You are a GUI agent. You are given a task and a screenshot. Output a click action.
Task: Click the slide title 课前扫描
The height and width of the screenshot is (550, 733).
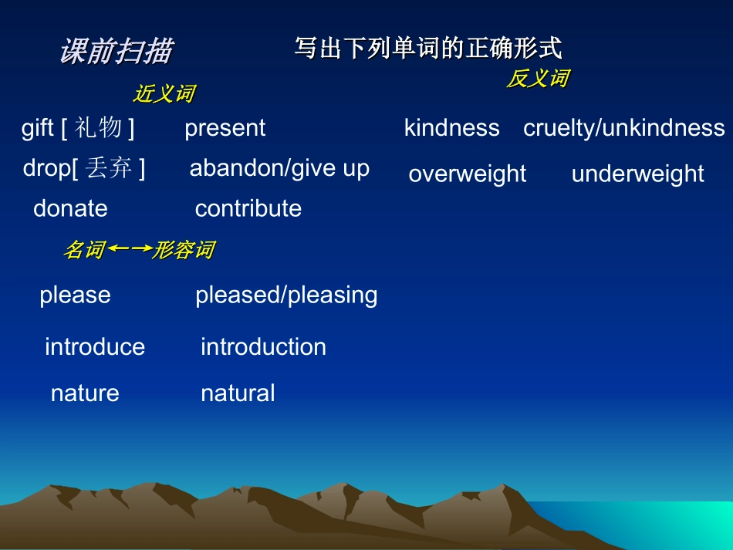pos(116,52)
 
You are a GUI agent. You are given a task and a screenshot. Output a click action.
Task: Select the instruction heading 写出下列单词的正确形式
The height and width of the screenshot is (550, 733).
pos(427,49)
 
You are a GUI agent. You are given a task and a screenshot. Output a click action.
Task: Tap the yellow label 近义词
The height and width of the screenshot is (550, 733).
pos(164,94)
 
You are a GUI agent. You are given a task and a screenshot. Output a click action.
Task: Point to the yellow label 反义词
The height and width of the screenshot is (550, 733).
pos(538,78)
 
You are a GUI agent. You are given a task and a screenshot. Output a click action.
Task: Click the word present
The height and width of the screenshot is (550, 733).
pos(225,128)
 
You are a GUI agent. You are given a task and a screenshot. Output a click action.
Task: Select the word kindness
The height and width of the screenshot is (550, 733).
pos(451,128)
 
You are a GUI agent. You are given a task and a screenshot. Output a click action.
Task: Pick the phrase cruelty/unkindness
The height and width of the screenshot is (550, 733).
pos(623,128)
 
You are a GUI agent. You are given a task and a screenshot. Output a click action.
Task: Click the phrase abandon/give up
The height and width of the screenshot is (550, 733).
pos(279,168)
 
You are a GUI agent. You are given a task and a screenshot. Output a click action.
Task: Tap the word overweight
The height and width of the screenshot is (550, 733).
pos(467,174)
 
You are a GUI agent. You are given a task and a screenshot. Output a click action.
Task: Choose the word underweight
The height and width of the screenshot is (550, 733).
pos(637,174)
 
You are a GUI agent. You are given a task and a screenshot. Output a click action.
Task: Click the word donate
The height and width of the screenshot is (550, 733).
pos(70,208)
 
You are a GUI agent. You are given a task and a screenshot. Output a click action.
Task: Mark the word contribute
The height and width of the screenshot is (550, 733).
pos(248,208)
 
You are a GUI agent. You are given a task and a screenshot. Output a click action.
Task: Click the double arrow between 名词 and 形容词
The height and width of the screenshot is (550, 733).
pos(128,249)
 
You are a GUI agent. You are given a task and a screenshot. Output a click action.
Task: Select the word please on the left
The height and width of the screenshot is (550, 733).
pos(75,295)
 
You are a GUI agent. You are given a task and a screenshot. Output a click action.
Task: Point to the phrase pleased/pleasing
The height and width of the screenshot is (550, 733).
pos(286,295)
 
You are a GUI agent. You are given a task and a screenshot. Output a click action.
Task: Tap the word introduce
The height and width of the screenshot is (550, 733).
pos(95,347)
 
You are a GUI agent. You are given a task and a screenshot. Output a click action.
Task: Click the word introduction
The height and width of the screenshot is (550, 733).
pos(263,347)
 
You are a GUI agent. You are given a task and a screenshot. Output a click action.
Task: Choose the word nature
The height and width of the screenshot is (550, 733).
pos(85,393)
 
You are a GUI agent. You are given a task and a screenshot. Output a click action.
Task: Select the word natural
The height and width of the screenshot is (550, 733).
pos(238,393)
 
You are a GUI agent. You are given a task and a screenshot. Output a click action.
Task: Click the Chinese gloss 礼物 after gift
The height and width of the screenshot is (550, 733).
pos(99,128)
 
